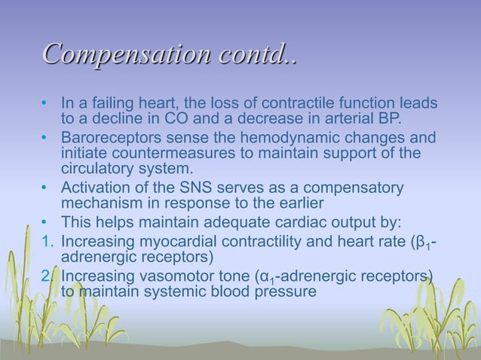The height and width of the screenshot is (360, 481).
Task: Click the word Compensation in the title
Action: coord(115,55)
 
